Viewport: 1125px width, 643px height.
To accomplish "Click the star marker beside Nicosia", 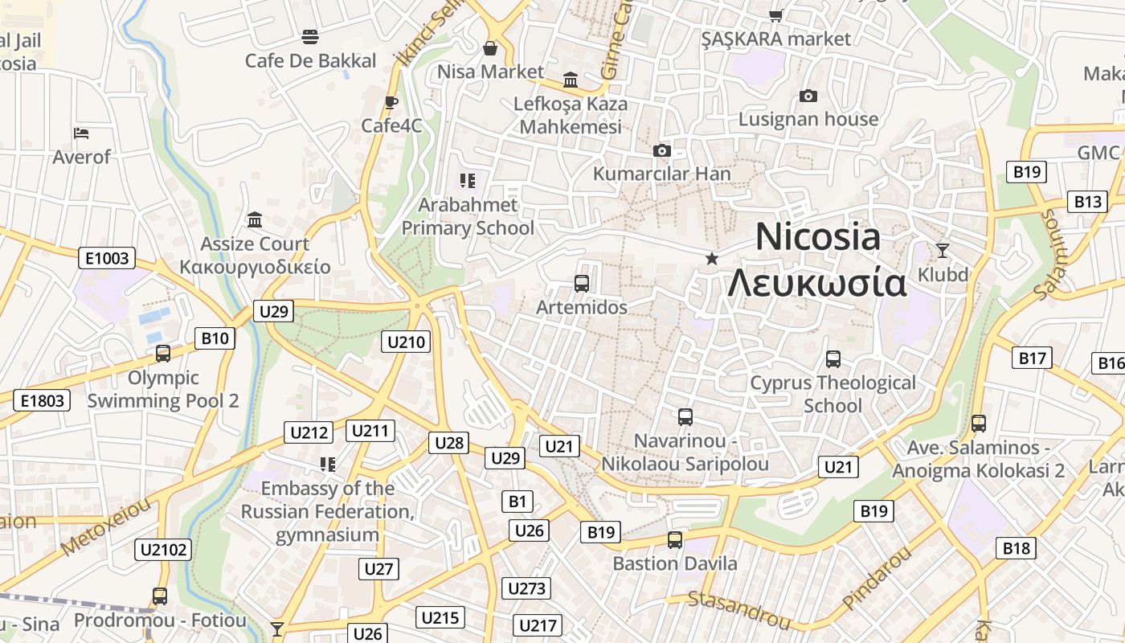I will point(711,258).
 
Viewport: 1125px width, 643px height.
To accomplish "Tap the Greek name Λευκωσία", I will point(816,283).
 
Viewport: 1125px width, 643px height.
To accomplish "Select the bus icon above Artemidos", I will point(582,283).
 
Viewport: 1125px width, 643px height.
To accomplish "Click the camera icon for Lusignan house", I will point(808,96).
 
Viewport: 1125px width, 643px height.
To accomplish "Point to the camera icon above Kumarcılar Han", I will point(661,150).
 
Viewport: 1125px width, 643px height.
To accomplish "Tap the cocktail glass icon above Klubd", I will point(943,251).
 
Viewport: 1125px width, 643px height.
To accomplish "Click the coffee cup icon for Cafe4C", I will point(391,102).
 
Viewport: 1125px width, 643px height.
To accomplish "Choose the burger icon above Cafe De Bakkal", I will point(310,36).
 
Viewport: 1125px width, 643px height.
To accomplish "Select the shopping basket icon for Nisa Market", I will point(490,48).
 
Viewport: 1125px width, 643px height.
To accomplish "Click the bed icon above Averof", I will point(81,133).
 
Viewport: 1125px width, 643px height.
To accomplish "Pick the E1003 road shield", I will point(107,258).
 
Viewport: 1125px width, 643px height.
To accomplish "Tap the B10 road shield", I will point(215,338).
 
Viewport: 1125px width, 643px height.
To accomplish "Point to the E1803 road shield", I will point(42,399).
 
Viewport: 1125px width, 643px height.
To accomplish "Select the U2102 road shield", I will point(163,550).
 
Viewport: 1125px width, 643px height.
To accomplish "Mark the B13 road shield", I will point(1088,202).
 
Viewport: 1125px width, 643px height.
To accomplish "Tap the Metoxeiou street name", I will point(106,527).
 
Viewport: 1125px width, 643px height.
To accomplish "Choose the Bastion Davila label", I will point(675,563).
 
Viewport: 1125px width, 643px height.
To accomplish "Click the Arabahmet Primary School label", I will point(468,216).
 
